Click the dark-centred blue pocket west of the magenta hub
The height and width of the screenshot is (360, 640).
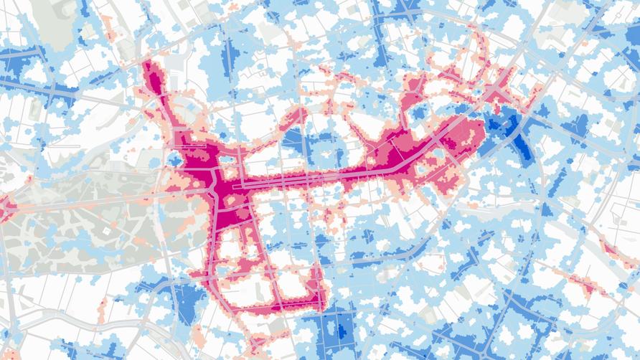coord(174,158)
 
